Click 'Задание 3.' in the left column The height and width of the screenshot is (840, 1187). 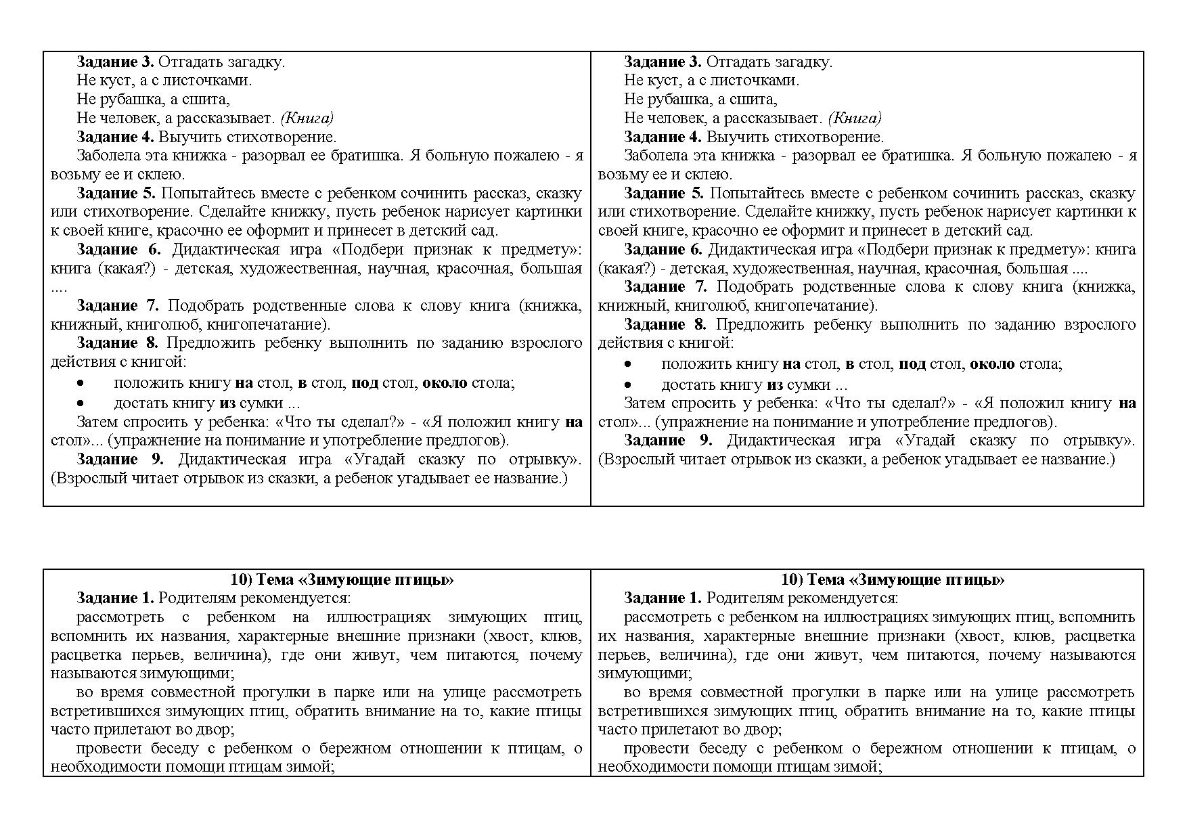[x=115, y=62]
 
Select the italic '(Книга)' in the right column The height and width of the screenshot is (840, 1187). [x=855, y=118]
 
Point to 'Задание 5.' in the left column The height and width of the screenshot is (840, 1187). [x=116, y=194]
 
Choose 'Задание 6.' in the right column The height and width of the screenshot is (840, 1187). [x=663, y=250]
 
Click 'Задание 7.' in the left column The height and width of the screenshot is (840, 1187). [x=116, y=306]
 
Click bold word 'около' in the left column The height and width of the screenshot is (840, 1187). [x=445, y=383]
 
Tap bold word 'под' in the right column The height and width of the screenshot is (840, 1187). [x=912, y=364]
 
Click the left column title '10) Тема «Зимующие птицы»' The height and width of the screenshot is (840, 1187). [x=342, y=580]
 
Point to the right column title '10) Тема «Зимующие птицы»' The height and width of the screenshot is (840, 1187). [x=892, y=580]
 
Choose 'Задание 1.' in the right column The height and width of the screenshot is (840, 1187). [x=663, y=598]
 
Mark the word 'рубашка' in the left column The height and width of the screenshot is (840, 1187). [x=133, y=100]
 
